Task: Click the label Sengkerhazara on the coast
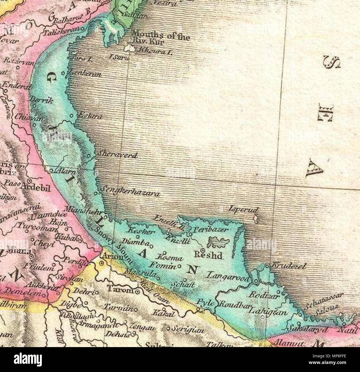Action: (131, 192)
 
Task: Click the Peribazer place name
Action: (211, 230)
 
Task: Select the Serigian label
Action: (188, 330)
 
